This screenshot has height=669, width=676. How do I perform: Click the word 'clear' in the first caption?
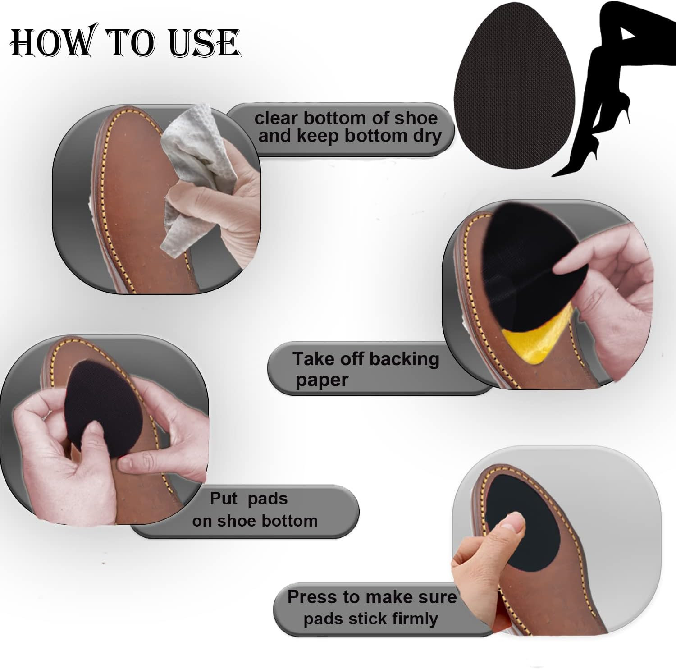click(x=276, y=118)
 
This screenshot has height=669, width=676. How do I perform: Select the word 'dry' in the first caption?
click(x=426, y=137)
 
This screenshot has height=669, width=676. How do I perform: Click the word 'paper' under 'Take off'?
click(x=322, y=380)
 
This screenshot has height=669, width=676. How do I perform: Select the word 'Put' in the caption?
click(x=224, y=499)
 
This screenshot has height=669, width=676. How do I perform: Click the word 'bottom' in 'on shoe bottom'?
click(x=290, y=521)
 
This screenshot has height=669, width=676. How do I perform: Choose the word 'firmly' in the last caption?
click(x=415, y=619)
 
